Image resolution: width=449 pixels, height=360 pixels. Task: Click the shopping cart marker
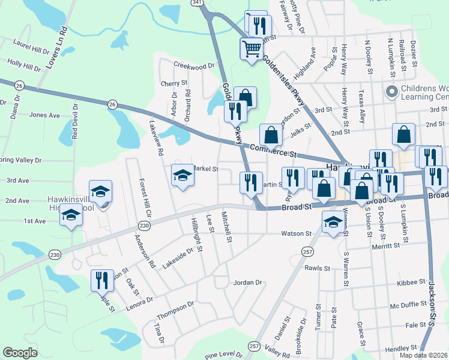pos(252,48)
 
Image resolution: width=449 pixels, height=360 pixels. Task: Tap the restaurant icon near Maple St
pos(101,280)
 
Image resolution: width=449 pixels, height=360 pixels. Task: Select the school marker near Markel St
pos(182,175)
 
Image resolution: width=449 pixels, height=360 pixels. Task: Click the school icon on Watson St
pos(332,221)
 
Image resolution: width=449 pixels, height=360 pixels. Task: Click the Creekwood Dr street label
pos(194,65)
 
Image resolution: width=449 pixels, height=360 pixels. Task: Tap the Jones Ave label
pos(44,115)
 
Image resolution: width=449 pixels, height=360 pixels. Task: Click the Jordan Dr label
pos(248,282)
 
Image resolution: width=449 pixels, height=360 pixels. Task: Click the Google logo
pos(20,353)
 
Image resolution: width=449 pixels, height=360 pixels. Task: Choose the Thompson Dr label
pos(175,312)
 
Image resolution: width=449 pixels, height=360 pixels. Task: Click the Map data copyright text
pos(423,355)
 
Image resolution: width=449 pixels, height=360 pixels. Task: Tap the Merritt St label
pos(385,246)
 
